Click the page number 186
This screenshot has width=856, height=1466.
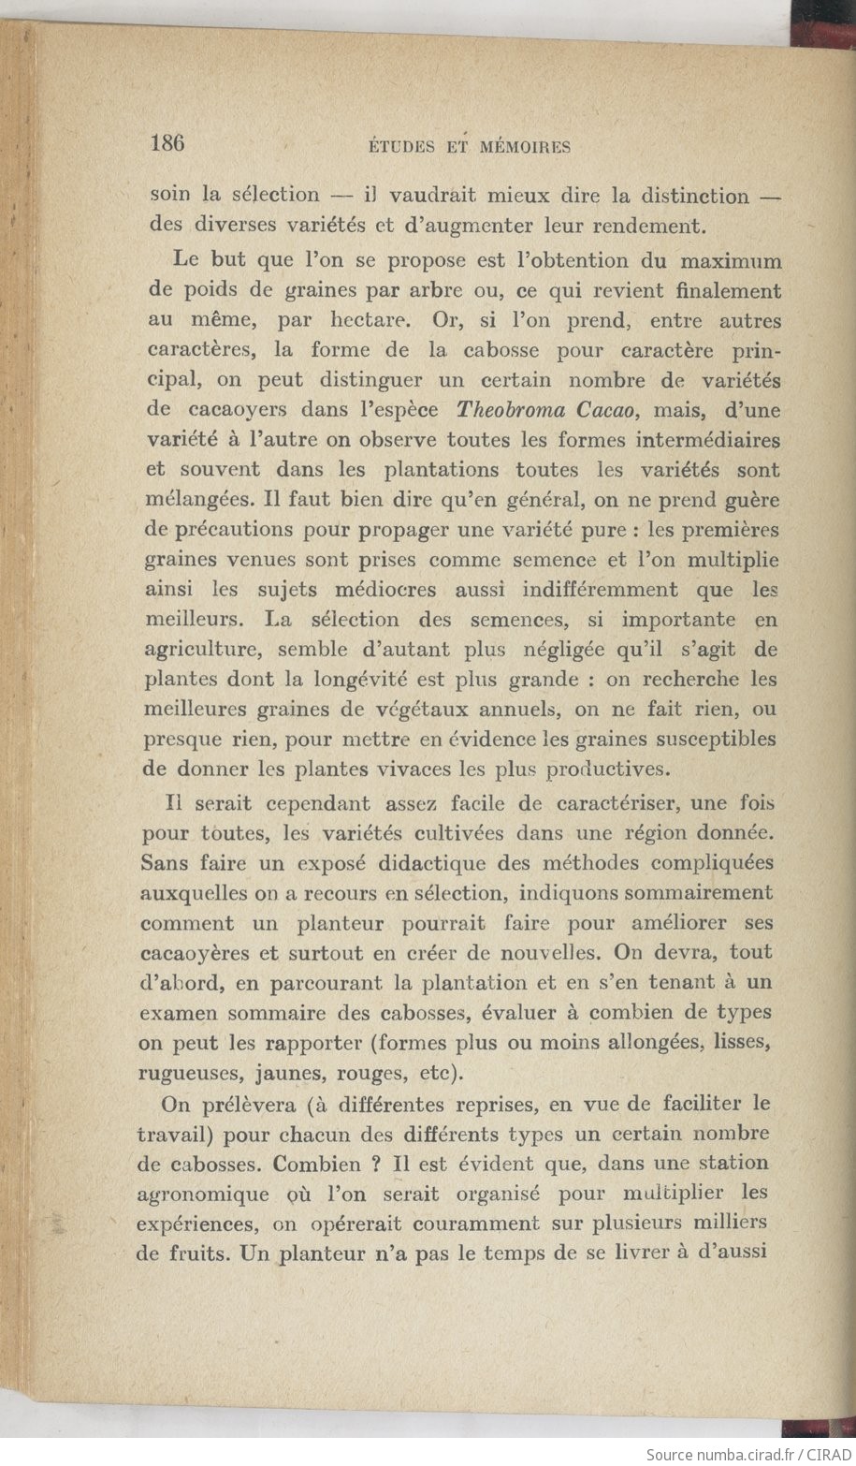tap(169, 143)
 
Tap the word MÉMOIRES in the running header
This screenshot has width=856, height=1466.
tap(525, 146)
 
